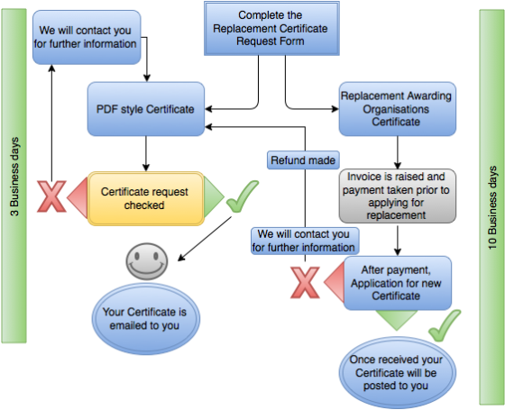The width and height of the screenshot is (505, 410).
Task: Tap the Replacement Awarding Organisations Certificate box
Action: click(x=397, y=108)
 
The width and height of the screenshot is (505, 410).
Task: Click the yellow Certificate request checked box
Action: click(x=145, y=198)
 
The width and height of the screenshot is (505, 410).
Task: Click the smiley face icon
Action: click(x=145, y=262)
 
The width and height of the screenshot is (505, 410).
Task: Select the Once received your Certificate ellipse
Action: click(x=397, y=369)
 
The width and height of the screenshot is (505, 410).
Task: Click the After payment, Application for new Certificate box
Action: click(x=397, y=283)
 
